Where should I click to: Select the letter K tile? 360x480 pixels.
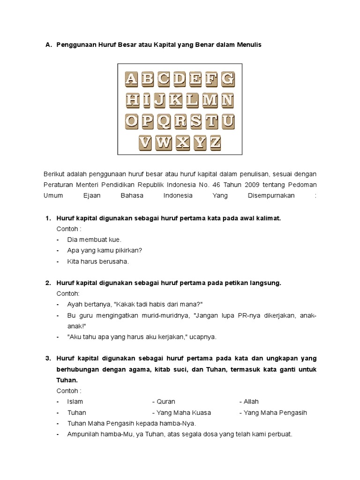tap(176, 100)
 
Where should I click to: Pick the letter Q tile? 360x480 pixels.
tap(164, 121)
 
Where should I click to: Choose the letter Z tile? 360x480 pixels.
tap(215, 142)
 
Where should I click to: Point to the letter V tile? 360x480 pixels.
tap(146, 142)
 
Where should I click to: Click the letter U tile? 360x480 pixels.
tap(228, 121)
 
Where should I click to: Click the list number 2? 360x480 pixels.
tap(48, 283)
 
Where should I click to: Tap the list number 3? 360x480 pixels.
tap(48, 359)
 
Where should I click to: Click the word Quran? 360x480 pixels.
tap(166, 402)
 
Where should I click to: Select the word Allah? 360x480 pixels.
tap(251, 402)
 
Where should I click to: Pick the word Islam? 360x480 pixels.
tap(75, 402)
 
